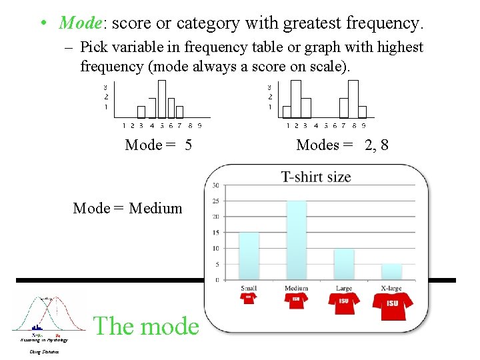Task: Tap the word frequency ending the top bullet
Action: click(x=384, y=23)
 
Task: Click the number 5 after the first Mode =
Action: click(x=189, y=145)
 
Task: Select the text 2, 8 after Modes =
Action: click(x=377, y=145)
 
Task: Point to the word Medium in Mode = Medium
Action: click(x=155, y=208)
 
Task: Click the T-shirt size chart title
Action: click(x=316, y=177)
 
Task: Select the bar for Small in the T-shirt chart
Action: click(x=249, y=255)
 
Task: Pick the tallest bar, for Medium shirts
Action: click(x=296, y=239)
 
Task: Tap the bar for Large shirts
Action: click(x=344, y=264)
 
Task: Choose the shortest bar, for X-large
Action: click(x=391, y=271)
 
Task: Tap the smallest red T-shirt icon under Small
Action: click(x=249, y=297)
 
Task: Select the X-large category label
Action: click(x=392, y=288)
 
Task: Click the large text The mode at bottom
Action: click(x=146, y=326)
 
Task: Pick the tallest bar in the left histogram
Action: click(x=161, y=99)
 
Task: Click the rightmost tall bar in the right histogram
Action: click(x=353, y=99)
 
